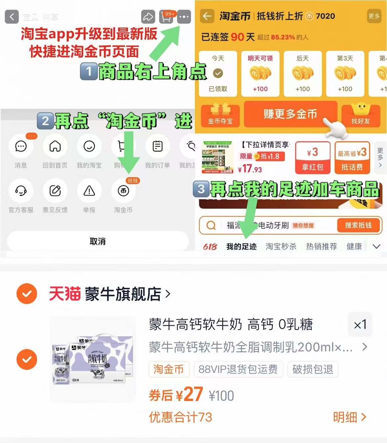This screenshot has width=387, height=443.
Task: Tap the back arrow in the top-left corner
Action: click(12, 17)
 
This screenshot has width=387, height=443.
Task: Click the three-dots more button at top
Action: click(184, 17)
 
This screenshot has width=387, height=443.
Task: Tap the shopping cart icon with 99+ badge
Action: click(166, 17)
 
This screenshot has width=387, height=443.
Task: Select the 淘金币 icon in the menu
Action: click(123, 191)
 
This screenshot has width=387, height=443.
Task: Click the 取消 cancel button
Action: click(98, 241)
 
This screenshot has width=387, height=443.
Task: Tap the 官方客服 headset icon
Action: click(21, 191)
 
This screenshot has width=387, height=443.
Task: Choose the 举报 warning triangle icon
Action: click(89, 191)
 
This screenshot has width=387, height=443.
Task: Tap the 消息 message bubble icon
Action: click(21, 146)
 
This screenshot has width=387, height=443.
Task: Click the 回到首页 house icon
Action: click(55, 146)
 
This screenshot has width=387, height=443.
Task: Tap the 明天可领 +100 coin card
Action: click(260, 73)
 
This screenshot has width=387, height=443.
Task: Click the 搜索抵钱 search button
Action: click(358, 225)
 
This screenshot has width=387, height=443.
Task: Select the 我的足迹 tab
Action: click(241, 246)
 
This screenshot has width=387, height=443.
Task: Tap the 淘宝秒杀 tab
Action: click(281, 246)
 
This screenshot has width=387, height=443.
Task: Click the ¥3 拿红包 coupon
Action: click(313, 158)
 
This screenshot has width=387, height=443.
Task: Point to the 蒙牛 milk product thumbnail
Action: click(94, 359)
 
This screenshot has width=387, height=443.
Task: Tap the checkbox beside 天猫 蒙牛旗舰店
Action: click(27, 293)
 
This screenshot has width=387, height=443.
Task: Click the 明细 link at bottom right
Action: click(349, 417)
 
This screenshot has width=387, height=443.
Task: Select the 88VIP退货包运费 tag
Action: click(238, 369)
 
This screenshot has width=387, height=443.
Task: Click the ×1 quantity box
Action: click(360, 325)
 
